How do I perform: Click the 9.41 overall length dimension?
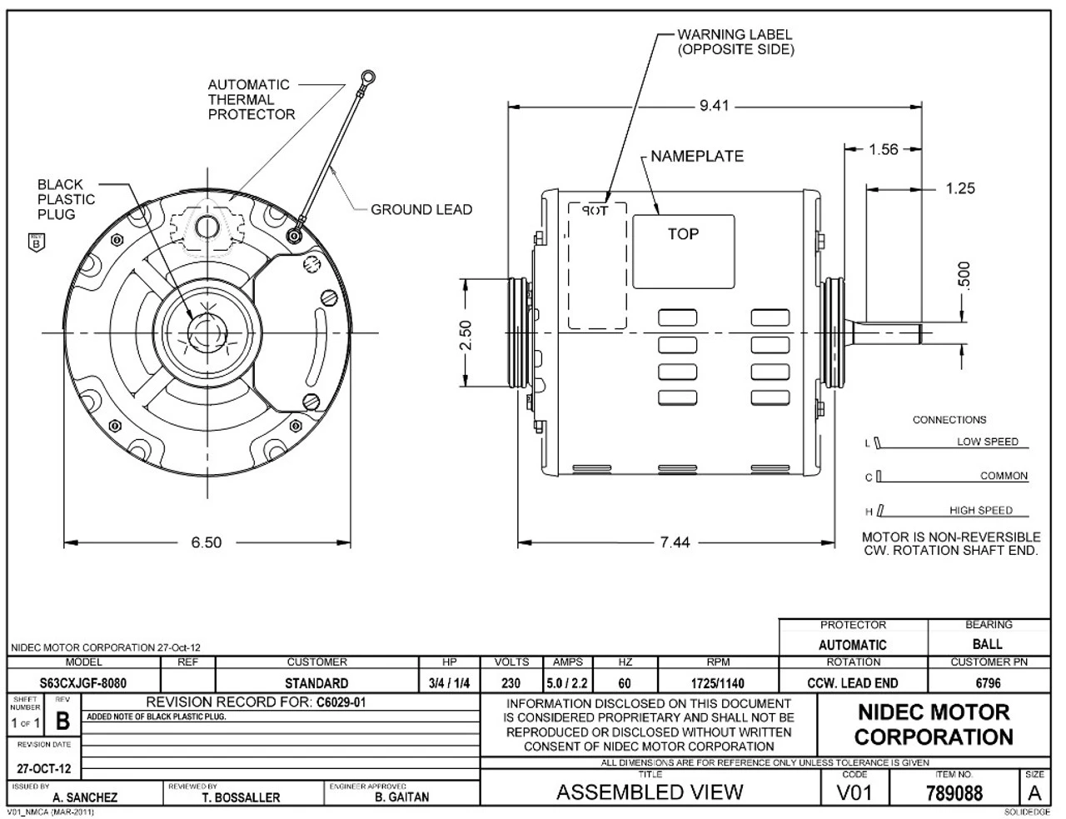point(714,106)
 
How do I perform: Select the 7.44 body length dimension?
point(675,542)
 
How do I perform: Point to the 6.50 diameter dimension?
point(206,542)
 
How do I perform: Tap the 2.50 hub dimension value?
point(466,336)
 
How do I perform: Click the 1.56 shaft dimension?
point(883,149)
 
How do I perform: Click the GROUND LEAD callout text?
point(421,209)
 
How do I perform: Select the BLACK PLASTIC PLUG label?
point(66,199)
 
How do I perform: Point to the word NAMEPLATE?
point(697,156)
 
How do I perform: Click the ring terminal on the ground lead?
point(366,77)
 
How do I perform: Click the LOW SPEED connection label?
point(987,442)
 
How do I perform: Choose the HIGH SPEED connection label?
point(981,510)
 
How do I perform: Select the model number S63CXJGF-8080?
point(84,683)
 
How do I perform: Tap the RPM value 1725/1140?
point(717,683)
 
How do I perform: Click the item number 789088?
point(954,792)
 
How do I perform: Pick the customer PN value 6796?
point(988,683)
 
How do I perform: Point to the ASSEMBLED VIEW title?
point(650,792)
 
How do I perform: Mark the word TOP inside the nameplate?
point(683,234)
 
